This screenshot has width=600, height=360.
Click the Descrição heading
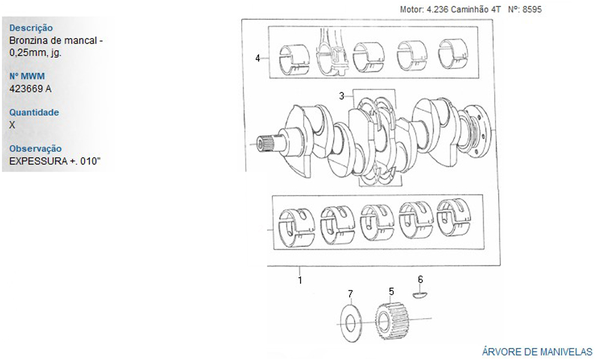pyautogui.click(x=31, y=28)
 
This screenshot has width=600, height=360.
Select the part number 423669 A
pyautogui.click(x=30, y=89)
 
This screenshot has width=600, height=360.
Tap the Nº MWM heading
pyautogui.click(x=27, y=76)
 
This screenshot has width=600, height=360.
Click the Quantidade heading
pyautogui.click(x=34, y=112)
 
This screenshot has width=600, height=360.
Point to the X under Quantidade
pyautogui.click(x=12, y=125)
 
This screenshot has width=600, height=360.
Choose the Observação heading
pyautogui.click(x=35, y=148)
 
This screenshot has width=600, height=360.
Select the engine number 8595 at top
pyautogui.click(x=532, y=10)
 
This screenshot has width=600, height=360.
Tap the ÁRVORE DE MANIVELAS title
pyautogui.click(x=537, y=352)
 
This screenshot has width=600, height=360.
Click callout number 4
pyautogui.click(x=257, y=58)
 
